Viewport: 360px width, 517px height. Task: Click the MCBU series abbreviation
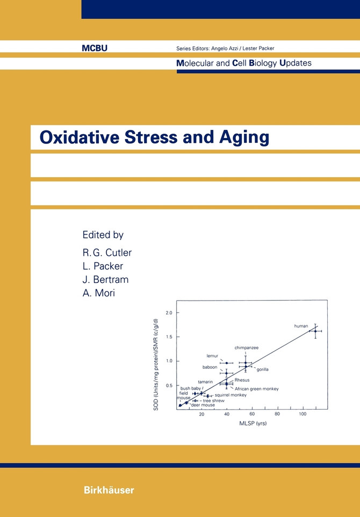(x=95, y=48)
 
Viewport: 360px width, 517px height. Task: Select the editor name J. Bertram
(x=105, y=280)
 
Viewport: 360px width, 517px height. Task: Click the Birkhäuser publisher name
(x=108, y=490)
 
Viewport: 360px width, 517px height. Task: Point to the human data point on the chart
(x=315, y=331)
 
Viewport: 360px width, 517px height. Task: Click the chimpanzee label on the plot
(x=246, y=348)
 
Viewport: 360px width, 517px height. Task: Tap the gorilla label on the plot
(x=262, y=369)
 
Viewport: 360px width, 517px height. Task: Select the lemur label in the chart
(x=212, y=355)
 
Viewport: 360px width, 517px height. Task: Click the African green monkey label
(x=257, y=388)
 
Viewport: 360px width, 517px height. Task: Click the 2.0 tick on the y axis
(x=169, y=312)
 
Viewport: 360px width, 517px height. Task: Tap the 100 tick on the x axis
(x=303, y=414)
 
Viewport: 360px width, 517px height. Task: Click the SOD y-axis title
(x=156, y=365)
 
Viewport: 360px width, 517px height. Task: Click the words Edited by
(x=103, y=235)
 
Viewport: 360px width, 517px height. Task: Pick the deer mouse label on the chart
(x=203, y=405)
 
